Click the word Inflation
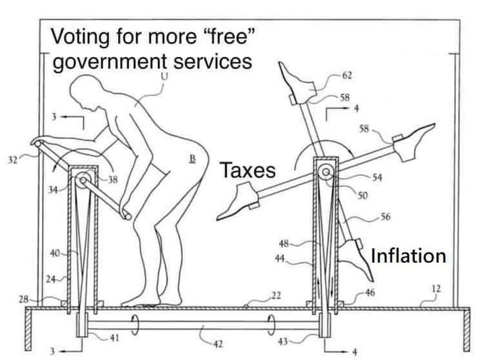tap(409, 255)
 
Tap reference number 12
tap(436, 287)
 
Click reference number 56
tap(384, 216)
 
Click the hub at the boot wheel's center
tap(326, 171)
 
